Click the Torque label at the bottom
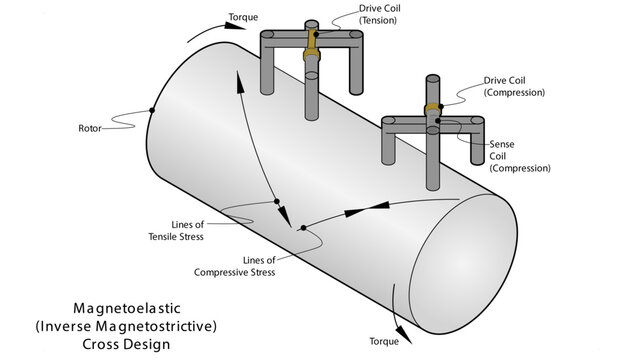tap(384, 342)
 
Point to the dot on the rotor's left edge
tap(152, 110)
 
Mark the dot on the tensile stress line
tap(276, 202)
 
